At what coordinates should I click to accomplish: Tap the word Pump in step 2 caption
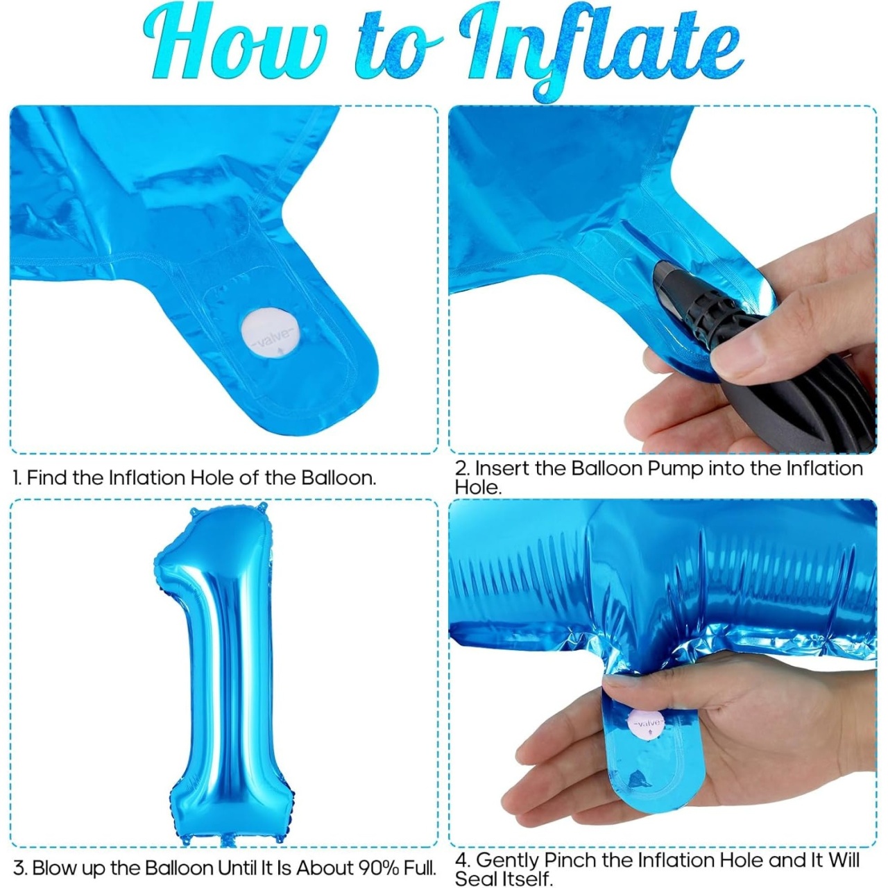click(x=674, y=469)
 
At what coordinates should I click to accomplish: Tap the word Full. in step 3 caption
click(x=420, y=855)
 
